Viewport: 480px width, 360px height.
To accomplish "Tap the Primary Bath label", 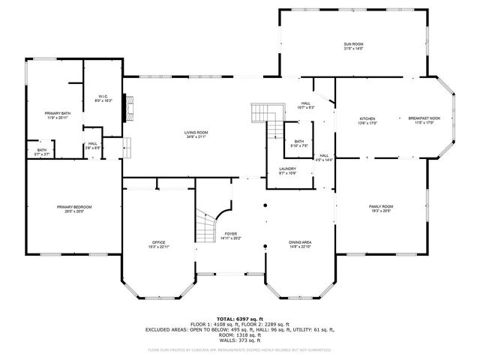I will (56, 115).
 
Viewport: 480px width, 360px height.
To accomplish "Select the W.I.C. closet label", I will (103, 97).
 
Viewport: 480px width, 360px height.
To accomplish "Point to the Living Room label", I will (196, 134).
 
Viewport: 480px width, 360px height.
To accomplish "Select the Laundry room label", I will (287, 170).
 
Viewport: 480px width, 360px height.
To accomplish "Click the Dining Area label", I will (301, 244).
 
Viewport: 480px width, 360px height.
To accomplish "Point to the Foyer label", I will (231, 236).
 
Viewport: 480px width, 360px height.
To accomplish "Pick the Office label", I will (157, 244).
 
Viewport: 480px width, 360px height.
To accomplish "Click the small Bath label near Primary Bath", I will (41, 152).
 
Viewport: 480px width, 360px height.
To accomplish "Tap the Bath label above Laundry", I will (298, 143).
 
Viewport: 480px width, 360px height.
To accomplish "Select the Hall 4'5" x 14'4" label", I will (323, 158).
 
